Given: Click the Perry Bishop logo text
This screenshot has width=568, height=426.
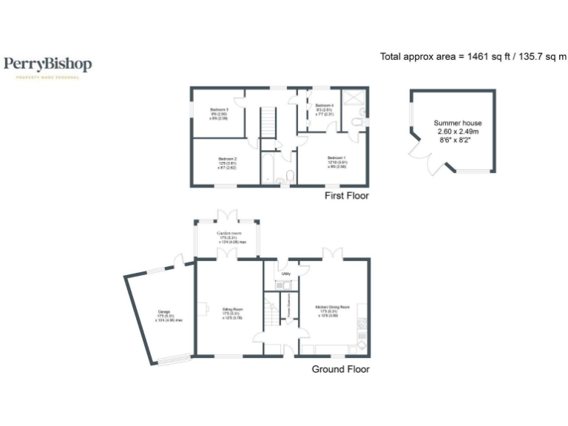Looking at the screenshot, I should click(x=48, y=64).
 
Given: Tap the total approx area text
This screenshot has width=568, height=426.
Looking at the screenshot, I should click(x=473, y=56).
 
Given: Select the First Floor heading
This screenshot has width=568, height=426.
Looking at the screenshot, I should click(x=346, y=196).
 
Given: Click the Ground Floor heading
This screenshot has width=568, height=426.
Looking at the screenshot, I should click(x=340, y=369).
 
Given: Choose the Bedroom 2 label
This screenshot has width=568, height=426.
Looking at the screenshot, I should click(x=227, y=163).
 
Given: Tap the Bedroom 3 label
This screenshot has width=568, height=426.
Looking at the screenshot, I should click(x=217, y=113).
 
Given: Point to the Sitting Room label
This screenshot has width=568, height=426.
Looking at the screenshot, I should click(x=232, y=313).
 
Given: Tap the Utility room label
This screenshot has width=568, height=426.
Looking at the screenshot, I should click(x=285, y=274).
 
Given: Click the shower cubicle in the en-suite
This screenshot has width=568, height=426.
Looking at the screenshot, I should click(x=356, y=98).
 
